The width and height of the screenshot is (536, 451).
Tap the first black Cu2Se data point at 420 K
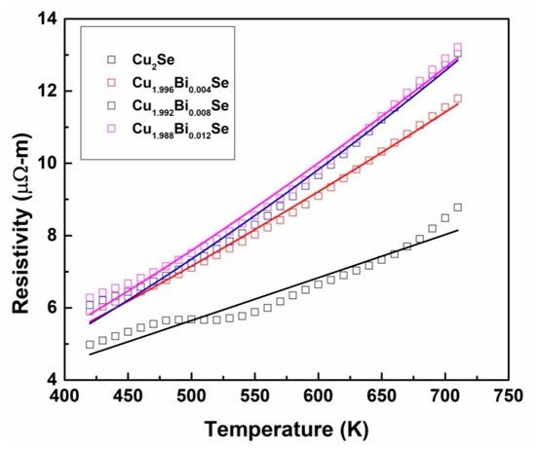point(90,345)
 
